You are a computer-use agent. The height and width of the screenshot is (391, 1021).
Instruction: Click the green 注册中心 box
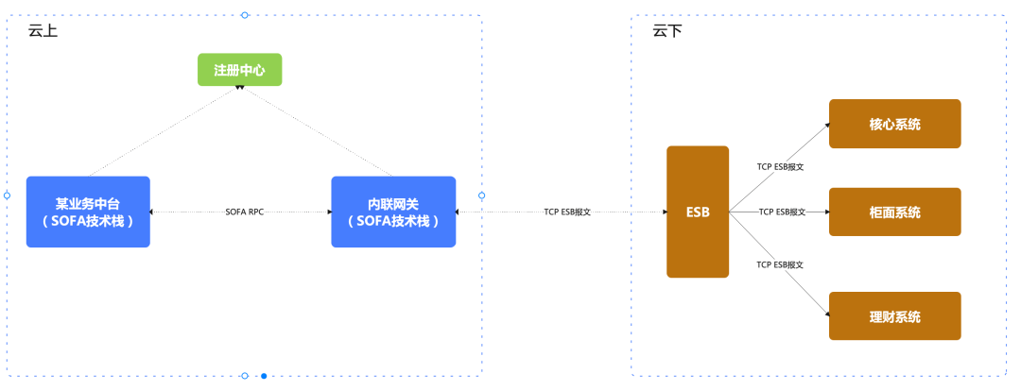tap(239, 70)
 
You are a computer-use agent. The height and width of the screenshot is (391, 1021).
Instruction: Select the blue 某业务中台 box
tap(88, 212)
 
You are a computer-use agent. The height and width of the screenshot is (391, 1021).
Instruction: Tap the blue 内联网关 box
tap(392, 212)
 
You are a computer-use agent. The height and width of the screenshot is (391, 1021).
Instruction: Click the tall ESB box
tap(697, 212)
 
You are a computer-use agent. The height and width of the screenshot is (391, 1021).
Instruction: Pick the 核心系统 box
tap(894, 124)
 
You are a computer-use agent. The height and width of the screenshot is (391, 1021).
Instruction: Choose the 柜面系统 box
tap(894, 212)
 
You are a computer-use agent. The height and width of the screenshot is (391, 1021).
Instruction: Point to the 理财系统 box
tap(894, 316)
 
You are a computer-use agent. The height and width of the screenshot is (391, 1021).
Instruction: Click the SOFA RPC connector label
tap(244, 212)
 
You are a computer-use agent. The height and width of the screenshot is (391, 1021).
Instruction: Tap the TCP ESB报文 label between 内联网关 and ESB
tap(567, 212)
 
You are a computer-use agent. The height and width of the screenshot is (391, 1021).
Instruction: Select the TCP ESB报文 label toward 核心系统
tap(780, 166)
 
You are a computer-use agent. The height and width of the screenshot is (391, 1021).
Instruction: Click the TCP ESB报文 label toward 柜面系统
tap(782, 212)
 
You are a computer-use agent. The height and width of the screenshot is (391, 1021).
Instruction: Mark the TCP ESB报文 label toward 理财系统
tap(780, 265)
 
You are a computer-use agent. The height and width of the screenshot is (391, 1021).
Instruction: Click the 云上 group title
tap(42, 31)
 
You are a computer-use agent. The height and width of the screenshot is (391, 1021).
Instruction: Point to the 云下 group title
tap(666, 31)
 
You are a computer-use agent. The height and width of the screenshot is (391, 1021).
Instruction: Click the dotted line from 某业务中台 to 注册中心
tap(161, 132)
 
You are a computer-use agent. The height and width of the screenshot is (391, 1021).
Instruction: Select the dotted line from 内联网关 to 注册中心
tap(317, 131)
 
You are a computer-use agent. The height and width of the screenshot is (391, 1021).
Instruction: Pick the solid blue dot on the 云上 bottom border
tap(264, 376)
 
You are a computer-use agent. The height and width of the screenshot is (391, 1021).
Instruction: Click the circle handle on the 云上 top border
tap(245, 15)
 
